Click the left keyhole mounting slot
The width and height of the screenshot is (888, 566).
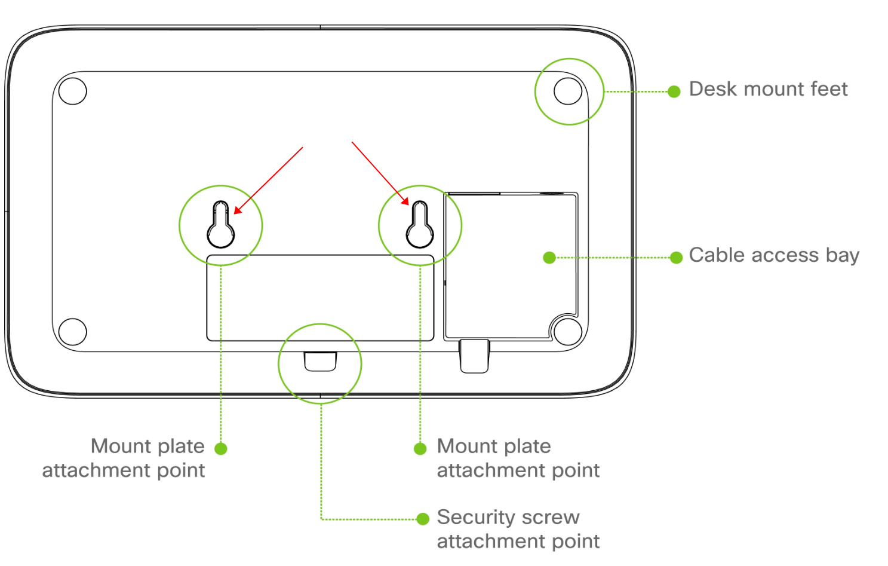click(x=221, y=226)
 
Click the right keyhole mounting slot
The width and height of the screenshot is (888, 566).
click(x=420, y=226)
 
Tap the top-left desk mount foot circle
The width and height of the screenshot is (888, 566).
click(x=73, y=91)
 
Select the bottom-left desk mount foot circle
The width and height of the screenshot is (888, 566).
click(x=73, y=332)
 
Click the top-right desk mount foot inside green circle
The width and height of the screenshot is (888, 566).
click(x=568, y=91)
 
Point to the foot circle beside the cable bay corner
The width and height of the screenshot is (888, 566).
click(x=567, y=332)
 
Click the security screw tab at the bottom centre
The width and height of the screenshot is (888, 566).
click(x=321, y=361)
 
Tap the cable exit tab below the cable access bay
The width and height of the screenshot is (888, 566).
click(x=475, y=356)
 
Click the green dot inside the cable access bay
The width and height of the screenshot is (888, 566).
click(x=549, y=258)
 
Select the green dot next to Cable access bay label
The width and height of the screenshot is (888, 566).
click(x=676, y=258)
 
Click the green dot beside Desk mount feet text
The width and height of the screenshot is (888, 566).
click(x=674, y=91)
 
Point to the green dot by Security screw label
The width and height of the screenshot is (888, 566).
click(x=423, y=519)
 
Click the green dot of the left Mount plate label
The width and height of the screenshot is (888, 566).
click(x=221, y=448)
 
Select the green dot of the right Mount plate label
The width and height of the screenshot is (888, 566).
click(x=420, y=448)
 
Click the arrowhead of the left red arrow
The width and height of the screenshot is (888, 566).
click(x=236, y=210)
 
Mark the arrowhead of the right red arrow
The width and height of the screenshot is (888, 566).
click(x=406, y=202)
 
